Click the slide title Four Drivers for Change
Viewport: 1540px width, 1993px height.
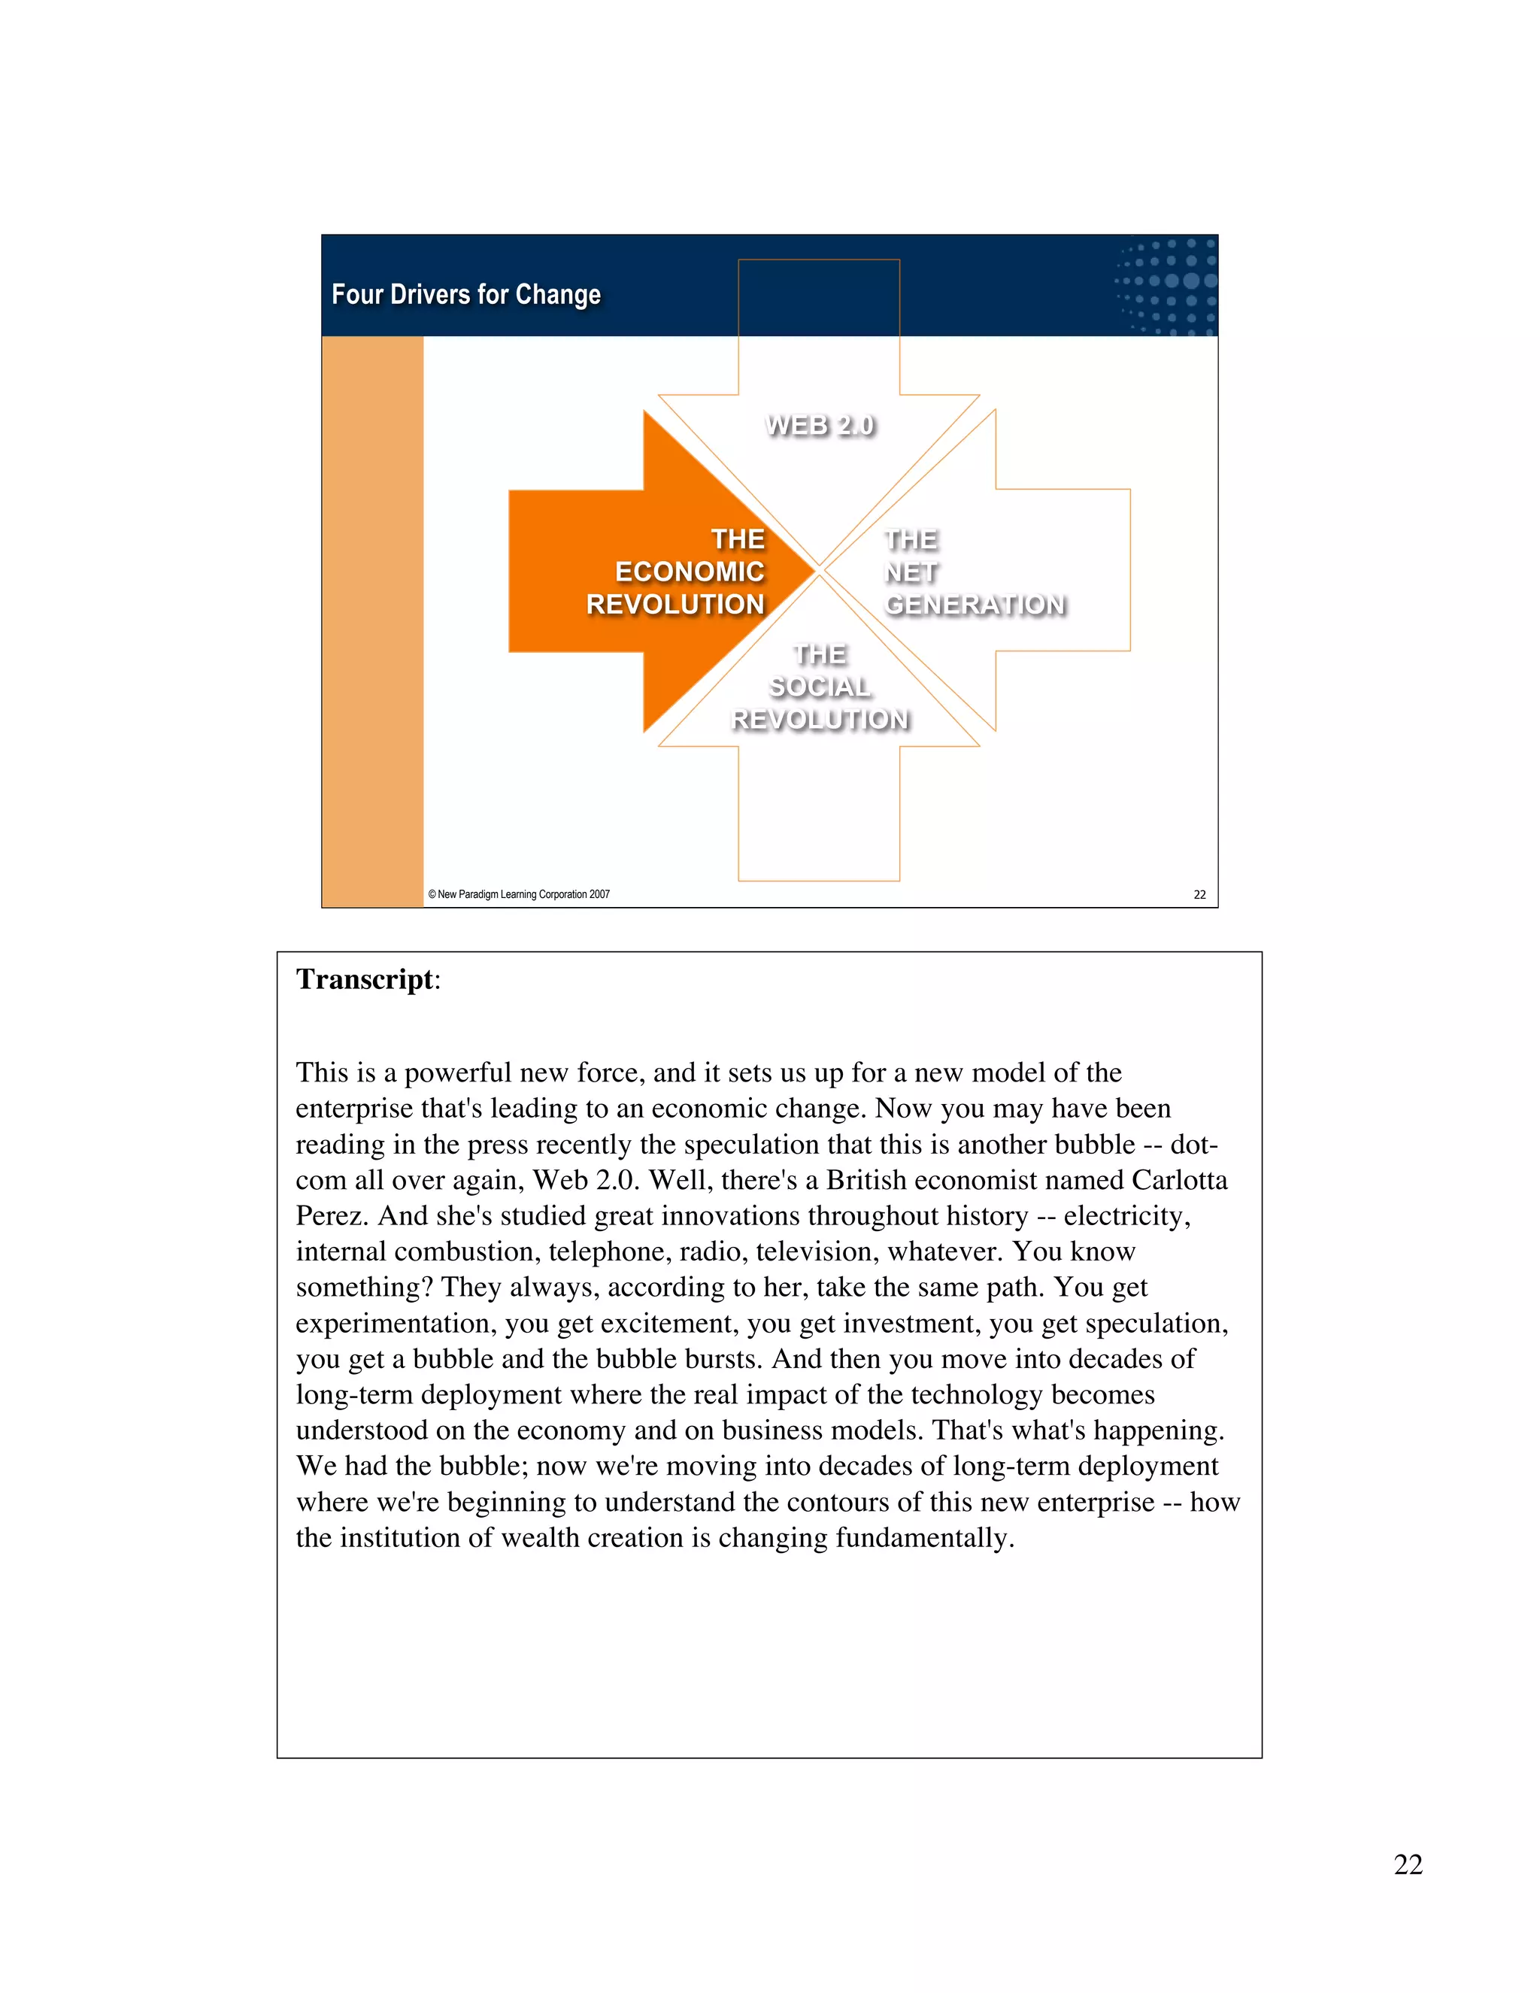[465, 295]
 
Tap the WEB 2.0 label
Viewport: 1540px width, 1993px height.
[820, 425]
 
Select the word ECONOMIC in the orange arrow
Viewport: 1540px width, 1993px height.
[689, 572]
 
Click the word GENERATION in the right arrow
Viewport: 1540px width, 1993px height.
[975, 604]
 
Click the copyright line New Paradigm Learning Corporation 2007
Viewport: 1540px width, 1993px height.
[519, 894]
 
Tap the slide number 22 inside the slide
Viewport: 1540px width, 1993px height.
[1199, 894]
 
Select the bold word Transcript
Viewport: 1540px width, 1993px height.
[364, 979]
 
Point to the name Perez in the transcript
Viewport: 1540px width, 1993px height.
[332, 1215]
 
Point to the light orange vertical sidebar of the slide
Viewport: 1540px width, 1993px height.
[372, 620]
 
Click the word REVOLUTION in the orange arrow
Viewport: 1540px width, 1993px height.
[675, 604]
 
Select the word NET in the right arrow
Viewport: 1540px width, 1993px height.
[911, 572]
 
